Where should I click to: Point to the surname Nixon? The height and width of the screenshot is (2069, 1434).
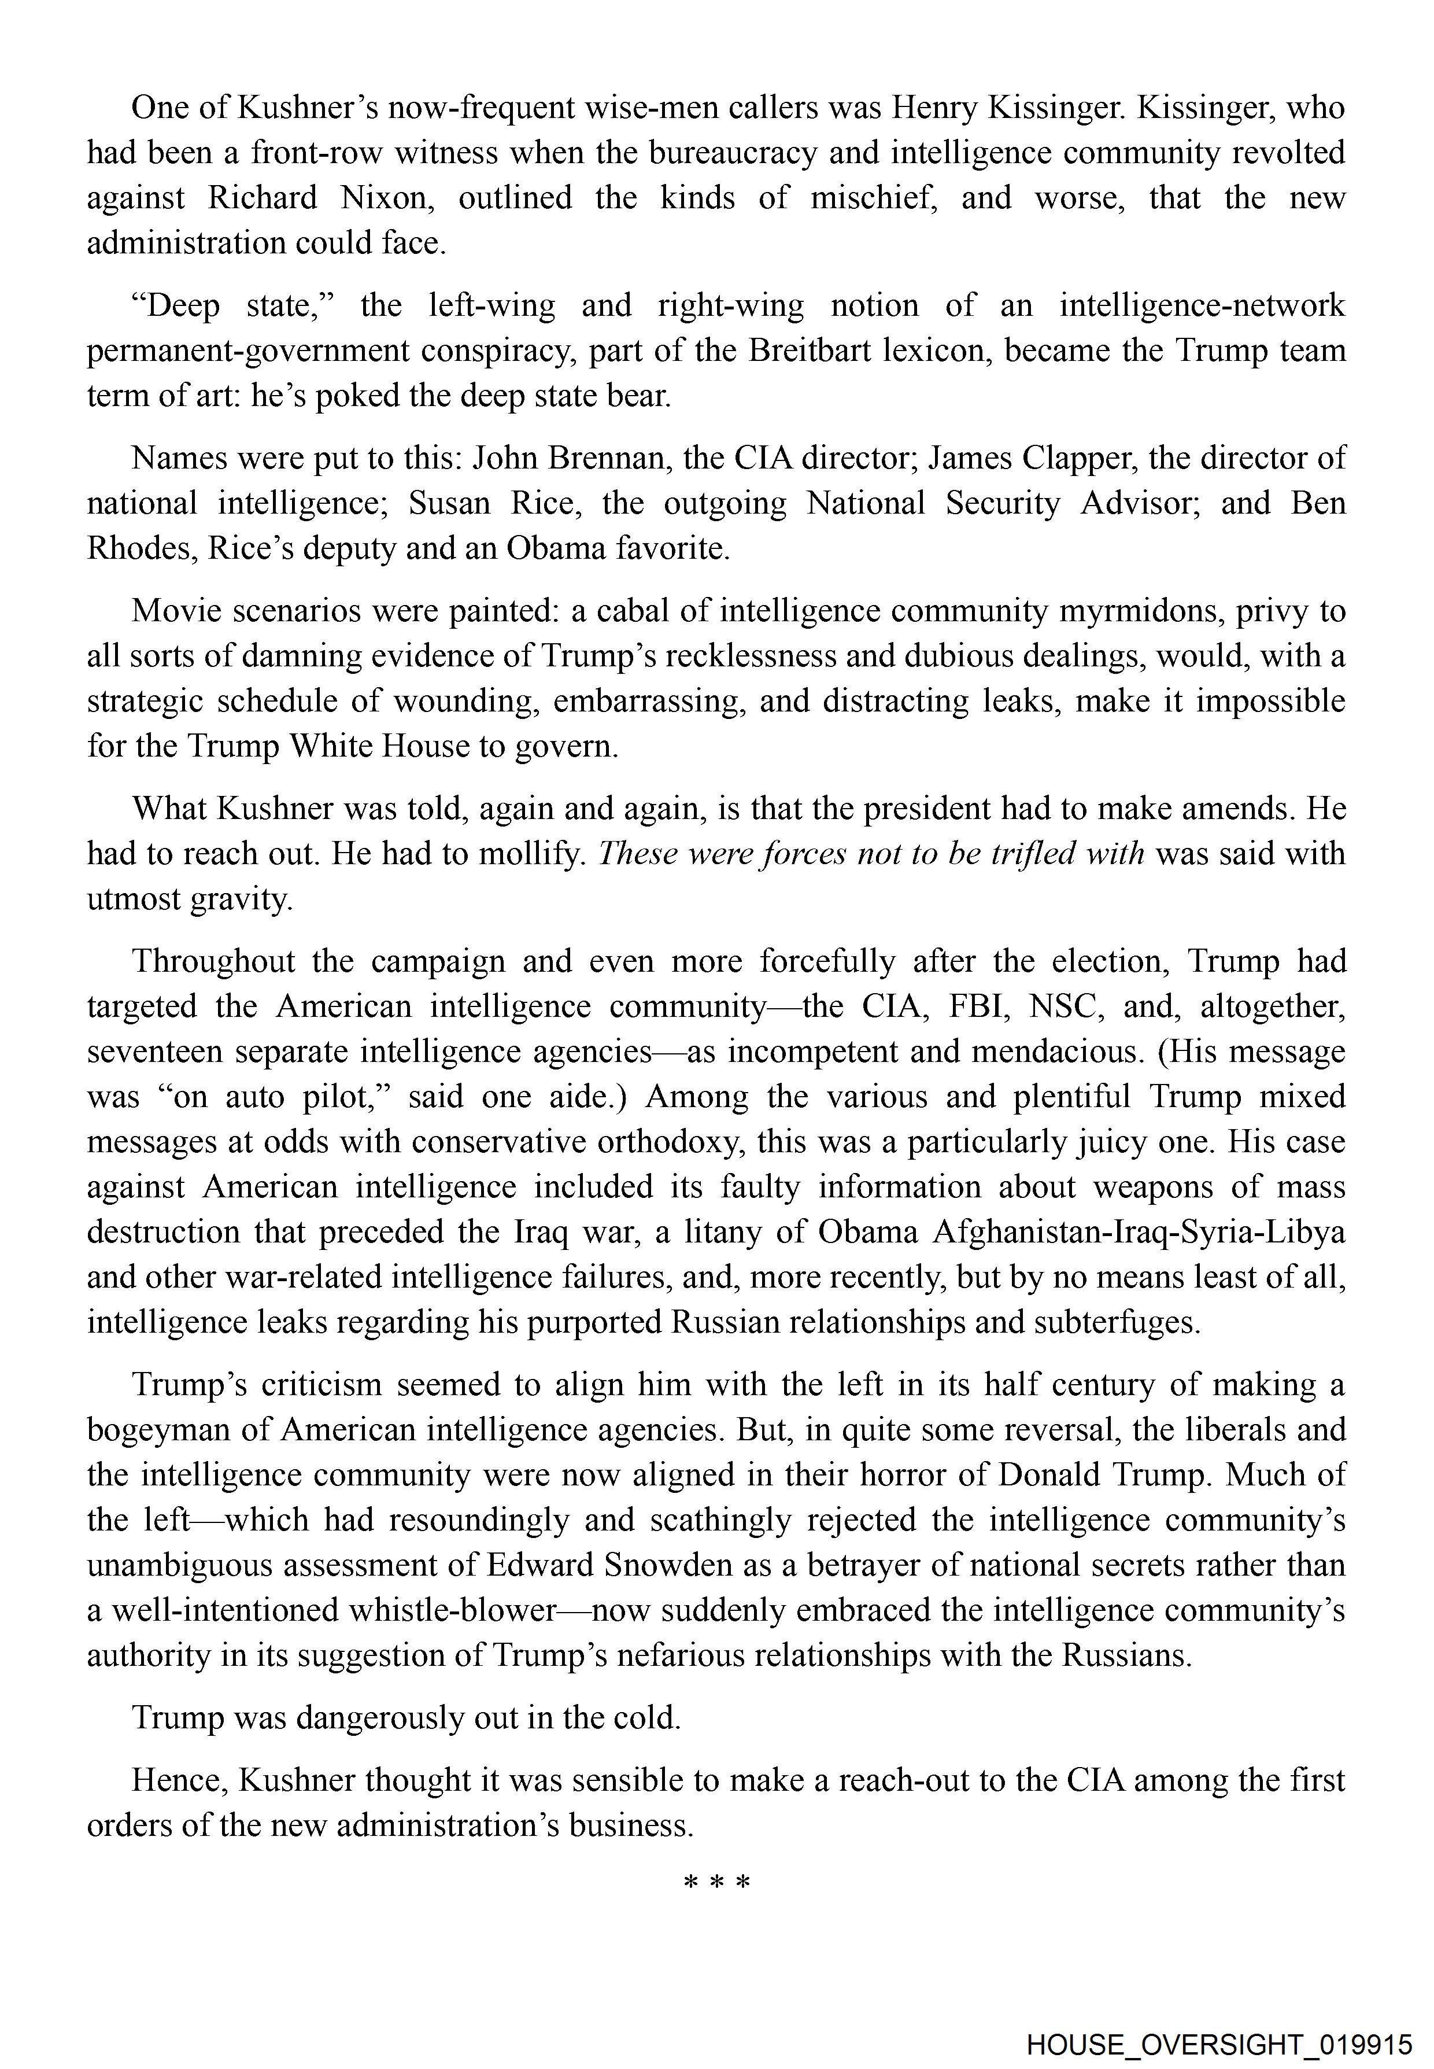tap(387, 198)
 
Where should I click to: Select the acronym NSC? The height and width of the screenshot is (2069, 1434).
tap(1065, 1006)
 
